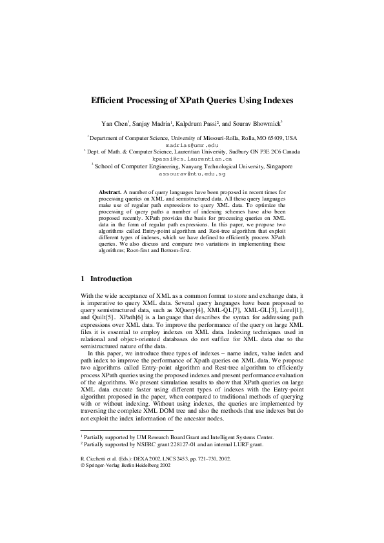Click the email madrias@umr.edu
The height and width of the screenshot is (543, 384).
[192, 146]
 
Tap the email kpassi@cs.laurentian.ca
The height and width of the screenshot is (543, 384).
[192, 159]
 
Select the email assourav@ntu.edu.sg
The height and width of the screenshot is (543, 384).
[192, 174]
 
